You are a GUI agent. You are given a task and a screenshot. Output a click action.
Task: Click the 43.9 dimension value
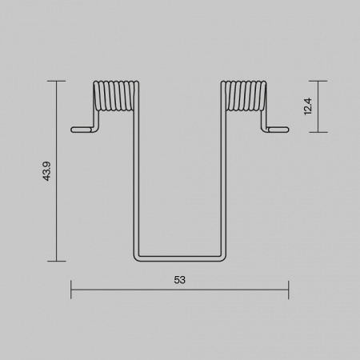pyautogui.click(x=46, y=171)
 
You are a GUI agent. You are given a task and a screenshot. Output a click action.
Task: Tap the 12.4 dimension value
pyautogui.click(x=308, y=106)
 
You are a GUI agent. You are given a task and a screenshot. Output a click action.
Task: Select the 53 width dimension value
pyautogui.click(x=179, y=280)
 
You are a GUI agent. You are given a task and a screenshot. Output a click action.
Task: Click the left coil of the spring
pyautogui.click(x=116, y=96)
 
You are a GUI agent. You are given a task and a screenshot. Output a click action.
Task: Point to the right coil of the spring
pyautogui.click(x=244, y=96)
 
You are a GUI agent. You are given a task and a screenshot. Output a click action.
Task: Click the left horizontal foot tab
pyautogui.click(x=82, y=130)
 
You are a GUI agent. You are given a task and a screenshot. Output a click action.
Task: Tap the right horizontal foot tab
pyautogui.click(x=278, y=130)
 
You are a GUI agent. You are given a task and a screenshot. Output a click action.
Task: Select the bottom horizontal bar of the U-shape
pyautogui.click(x=180, y=258)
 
